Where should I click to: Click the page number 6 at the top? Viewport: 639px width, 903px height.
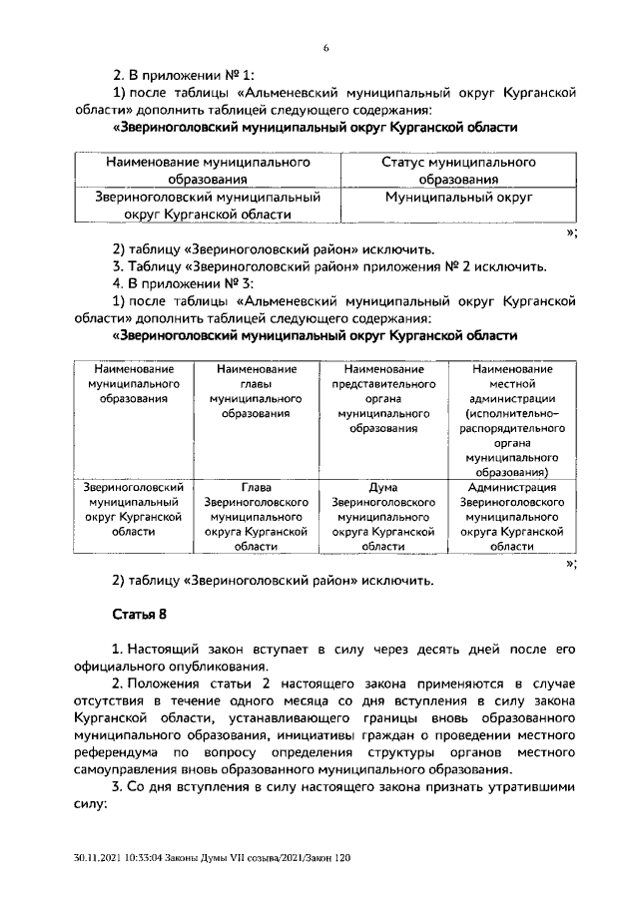[x=325, y=48]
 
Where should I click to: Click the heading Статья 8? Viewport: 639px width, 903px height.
[x=138, y=614]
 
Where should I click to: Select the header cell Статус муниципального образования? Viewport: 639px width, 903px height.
[x=458, y=171]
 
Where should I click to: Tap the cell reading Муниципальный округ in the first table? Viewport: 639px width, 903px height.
[x=458, y=198]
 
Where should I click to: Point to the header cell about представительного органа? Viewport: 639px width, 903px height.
[x=382, y=399]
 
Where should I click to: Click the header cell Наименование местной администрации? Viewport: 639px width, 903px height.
[x=512, y=420]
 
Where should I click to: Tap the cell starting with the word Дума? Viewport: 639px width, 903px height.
[x=382, y=517]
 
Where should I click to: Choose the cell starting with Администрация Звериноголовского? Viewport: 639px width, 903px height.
[x=512, y=517]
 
